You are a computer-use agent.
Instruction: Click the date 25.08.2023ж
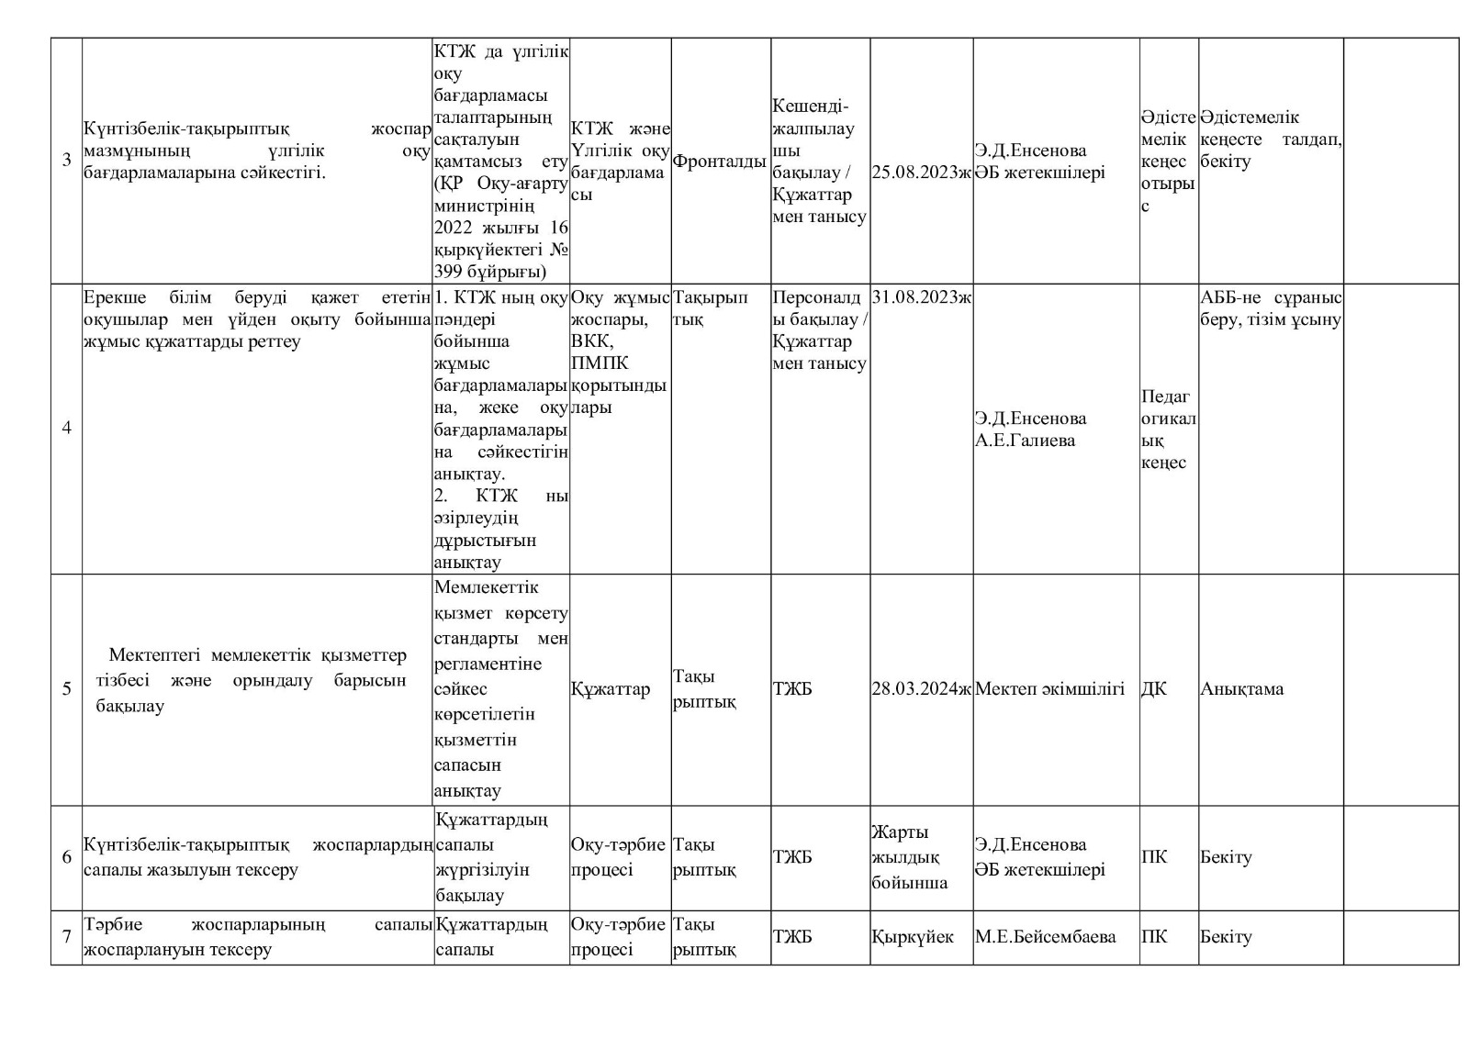[x=921, y=172]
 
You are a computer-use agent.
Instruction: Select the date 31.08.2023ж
[x=921, y=296]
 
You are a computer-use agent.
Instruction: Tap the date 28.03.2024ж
[x=921, y=688]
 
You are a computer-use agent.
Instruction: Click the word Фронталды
[x=720, y=162]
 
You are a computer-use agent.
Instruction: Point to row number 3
[x=66, y=161]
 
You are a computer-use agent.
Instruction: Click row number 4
[x=66, y=428]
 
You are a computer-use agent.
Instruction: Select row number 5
[x=66, y=688]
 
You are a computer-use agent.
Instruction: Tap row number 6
[x=66, y=857]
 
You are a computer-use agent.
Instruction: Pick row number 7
[x=66, y=937]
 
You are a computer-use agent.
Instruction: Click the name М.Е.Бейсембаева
[x=1045, y=937]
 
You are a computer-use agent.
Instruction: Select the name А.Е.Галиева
[x=1025, y=441]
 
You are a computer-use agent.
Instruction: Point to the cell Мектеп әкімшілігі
[x=1049, y=688]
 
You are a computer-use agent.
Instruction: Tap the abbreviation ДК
[x=1154, y=688]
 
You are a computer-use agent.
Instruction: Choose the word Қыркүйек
[x=913, y=937]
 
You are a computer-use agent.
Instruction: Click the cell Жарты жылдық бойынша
[x=910, y=857]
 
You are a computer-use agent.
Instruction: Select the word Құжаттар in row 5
[x=611, y=688]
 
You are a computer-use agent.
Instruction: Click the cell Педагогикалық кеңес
[x=1168, y=430]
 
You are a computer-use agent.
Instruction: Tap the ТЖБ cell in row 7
[x=792, y=937]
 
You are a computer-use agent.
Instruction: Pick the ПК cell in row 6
[x=1154, y=857]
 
